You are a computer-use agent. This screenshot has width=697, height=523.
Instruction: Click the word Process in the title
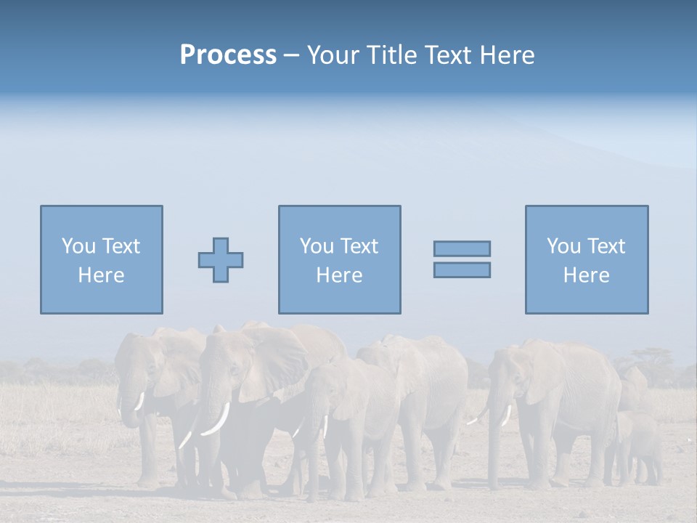228,55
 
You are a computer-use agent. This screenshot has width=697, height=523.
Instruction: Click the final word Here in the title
507,55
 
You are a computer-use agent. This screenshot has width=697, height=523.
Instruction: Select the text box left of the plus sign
102,259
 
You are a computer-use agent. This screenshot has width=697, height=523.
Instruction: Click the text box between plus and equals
339,259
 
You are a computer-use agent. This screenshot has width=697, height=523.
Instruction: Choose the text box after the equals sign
586,259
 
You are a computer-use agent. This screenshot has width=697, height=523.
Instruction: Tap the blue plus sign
221,259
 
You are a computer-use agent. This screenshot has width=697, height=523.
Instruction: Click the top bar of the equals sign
462,248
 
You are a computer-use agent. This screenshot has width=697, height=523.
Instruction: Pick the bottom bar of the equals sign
462,269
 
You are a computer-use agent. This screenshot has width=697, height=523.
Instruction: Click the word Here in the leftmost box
102,275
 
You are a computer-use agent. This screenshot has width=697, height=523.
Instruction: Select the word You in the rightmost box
563,246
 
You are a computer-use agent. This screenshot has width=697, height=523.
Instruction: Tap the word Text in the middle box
359,246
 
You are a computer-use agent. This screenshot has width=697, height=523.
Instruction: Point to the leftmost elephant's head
134,363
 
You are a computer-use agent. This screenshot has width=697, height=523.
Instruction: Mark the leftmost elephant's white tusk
139,401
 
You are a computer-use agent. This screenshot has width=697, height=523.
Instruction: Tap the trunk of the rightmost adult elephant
495,443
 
